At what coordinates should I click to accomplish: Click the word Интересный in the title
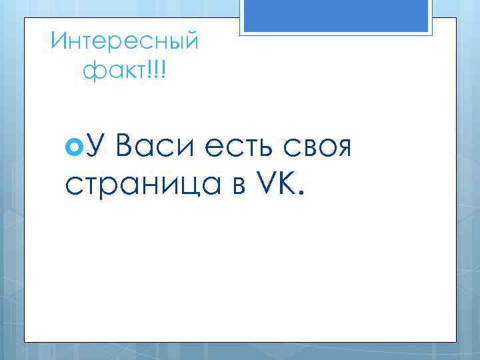pos(125,43)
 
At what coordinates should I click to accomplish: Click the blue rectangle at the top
pos(336,15)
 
